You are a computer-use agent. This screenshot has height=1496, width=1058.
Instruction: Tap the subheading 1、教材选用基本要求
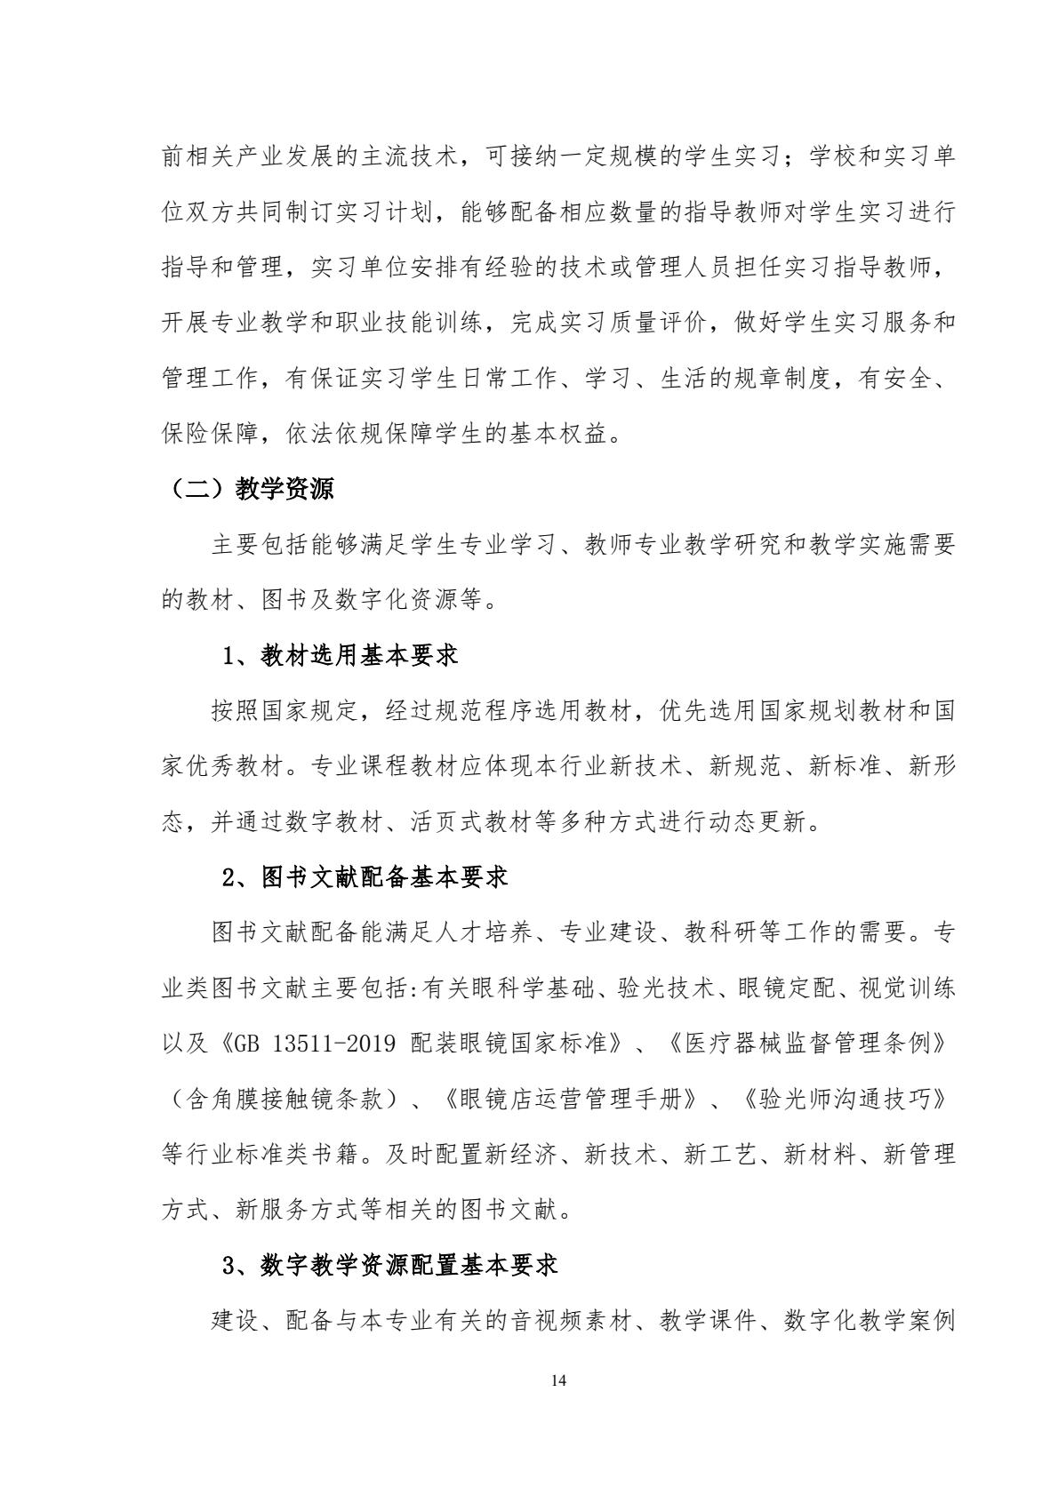340,656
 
